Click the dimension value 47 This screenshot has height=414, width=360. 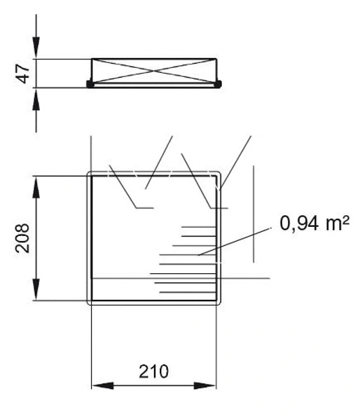[23, 73]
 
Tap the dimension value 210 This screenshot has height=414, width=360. [153, 371]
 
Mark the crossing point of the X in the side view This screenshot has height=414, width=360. [155, 71]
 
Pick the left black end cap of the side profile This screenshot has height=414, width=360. [90, 84]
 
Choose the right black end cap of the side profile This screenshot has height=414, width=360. [219, 84]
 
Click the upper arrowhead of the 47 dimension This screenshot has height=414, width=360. [36, 53]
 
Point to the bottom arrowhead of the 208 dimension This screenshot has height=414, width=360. [36, 295]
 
